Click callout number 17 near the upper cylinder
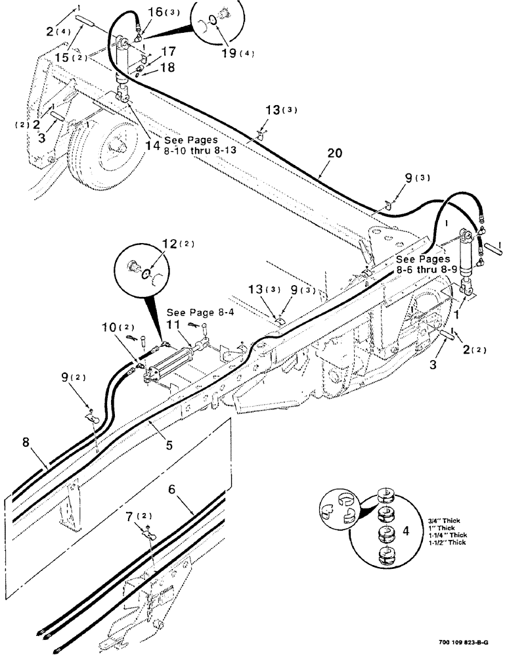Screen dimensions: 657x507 169,51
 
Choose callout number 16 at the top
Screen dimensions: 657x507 156,12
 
